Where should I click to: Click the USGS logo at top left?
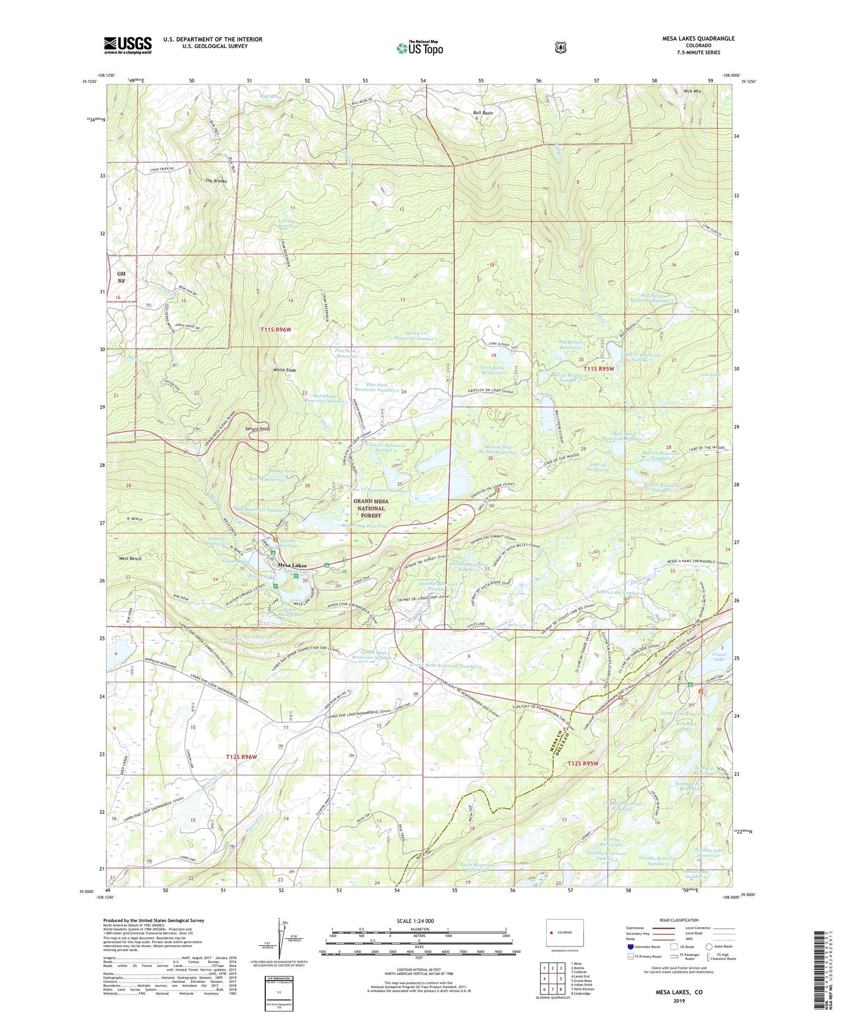[x=128, y=45]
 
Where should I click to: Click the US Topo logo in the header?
[x=419, y=48]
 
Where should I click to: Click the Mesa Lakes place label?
[x=292, y=565]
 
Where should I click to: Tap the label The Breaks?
[x=215, y=181]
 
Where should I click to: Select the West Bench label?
[x=130, y=558]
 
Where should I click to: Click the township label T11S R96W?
[x=275, y=330]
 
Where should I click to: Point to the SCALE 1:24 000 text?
[x=415, y=921]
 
